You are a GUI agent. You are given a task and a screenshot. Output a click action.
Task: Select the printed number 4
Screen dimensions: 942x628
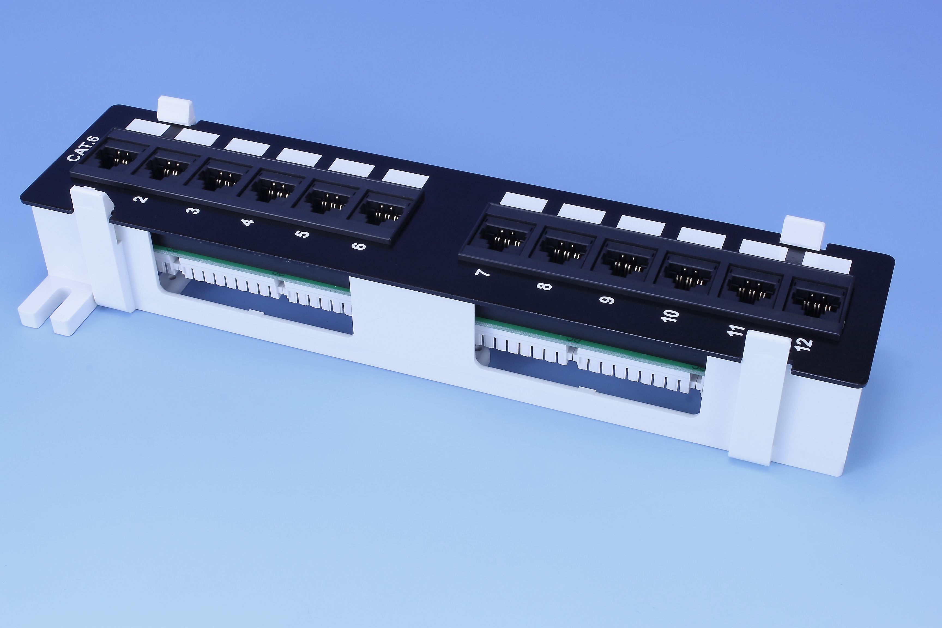(x=248, y=222)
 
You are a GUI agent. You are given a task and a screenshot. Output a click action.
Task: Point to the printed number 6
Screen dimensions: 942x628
(x=358, y=245)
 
